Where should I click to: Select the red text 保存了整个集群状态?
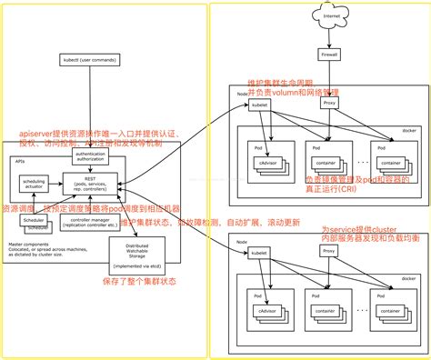[135, 283]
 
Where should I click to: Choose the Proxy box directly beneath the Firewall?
[330, 103]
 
